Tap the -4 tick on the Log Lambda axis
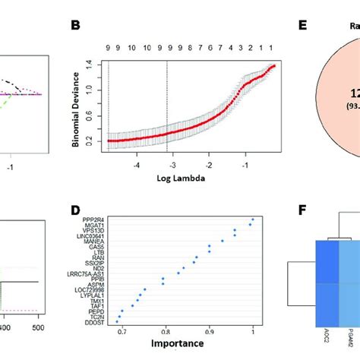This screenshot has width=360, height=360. pyautogui.click(x=136, y=164)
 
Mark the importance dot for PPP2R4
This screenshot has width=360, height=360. pyautogui.click(x=252, y=220)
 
